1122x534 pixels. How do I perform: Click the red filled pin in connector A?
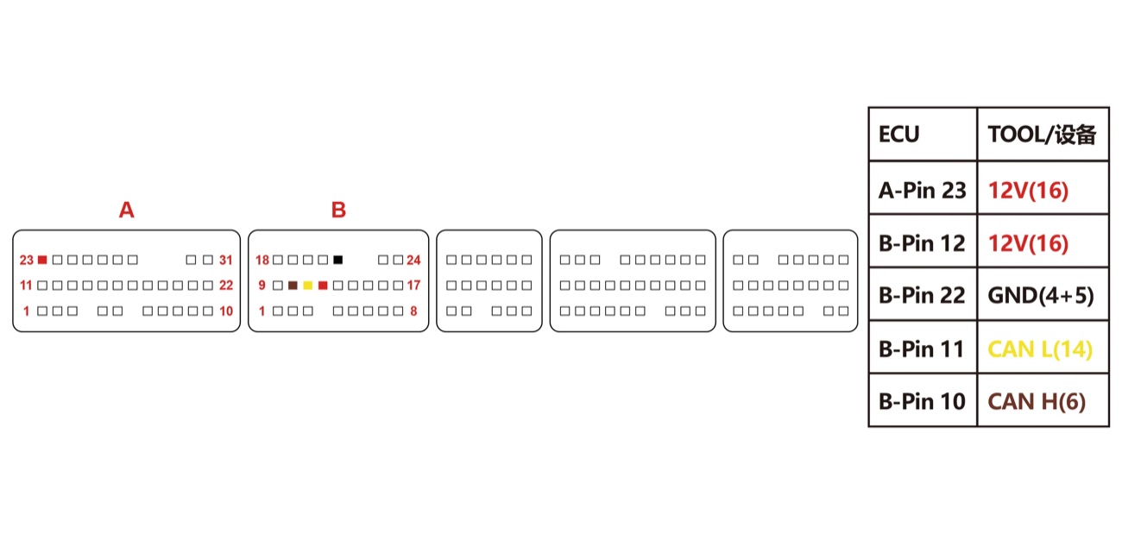(x=42, y=260)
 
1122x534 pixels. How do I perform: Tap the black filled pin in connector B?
(x=338, y=260)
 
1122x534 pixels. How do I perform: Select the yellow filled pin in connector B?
(x=308, y=286)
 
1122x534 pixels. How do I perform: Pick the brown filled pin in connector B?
(x=293, y=286)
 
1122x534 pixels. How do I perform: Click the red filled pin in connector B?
(x=323, y=286)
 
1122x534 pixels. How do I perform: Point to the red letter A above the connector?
(x=127, y=210)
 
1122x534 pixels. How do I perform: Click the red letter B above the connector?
(x=338, y=210)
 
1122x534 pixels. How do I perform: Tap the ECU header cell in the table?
(x=923, y=134)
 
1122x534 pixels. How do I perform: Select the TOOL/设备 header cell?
(x=1043, y=134)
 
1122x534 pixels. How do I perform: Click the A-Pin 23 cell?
(x=923, y=188)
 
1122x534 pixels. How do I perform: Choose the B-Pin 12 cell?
(x=923, y=242)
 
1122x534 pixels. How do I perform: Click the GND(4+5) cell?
(x=1043, y=295)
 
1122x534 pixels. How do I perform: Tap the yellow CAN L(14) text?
(x=1040, y=349)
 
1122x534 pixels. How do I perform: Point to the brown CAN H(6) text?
(x=1037, y=402)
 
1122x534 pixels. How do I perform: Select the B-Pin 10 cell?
(x=923, y=400)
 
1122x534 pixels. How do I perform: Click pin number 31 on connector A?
(x=226, y=261)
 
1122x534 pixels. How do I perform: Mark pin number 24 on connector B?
(x=413, y=261)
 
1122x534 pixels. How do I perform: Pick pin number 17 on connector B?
(x=413, y=286)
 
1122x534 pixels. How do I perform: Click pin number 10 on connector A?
(x=226, y=311)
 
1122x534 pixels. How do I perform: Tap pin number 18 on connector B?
(x=262, y=261)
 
